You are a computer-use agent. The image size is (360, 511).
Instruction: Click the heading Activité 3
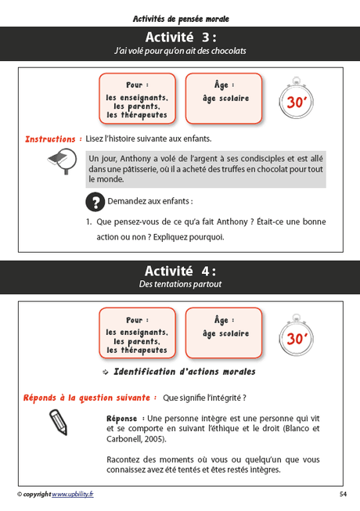(x=180, y=38)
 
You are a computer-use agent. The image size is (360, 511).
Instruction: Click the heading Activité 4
(x=180, y=271)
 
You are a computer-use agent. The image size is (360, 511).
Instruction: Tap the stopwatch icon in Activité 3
(x=296, y=99)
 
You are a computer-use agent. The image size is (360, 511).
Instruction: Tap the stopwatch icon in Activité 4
(x=296, y=336)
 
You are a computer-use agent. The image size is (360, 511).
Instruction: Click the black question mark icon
(x=94, y=201)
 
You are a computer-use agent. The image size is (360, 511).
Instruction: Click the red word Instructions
(x=50, y=139)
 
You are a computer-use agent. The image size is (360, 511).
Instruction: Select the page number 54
(x=343, y=495)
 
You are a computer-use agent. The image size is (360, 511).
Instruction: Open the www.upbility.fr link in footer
(x=72, y=495)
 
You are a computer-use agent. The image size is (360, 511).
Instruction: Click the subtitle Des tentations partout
(x=180, y=285)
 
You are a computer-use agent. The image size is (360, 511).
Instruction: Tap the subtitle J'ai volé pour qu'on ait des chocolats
(x=180, y=51)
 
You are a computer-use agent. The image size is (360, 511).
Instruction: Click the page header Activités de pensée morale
(x=180, y=18)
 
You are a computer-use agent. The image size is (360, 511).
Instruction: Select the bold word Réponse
(x=122, y=418)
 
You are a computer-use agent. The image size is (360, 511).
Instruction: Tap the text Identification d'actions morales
(x=185, y=372)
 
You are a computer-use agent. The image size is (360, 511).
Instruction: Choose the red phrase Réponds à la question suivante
(x=90, y=397)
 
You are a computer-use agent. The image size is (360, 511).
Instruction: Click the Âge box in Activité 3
(x=224, y=98)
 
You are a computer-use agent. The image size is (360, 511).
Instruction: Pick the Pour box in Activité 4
(x=138, y=333)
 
